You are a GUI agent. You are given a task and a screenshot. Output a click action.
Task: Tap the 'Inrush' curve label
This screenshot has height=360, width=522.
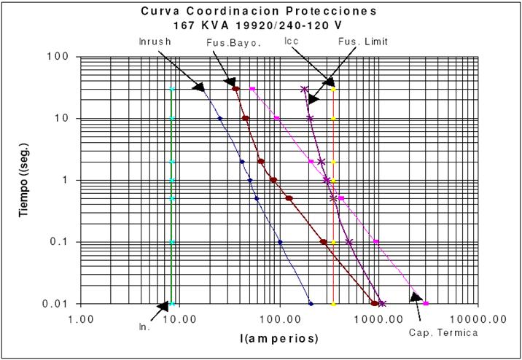click(x=155, y=42)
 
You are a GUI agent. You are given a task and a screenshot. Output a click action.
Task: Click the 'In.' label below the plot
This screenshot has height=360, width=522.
click(x=144, y=327)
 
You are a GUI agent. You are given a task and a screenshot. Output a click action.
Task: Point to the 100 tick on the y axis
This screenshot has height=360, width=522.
click(x=60, y=57)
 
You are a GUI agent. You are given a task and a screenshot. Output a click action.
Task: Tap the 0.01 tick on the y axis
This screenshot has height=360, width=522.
click(x=56, y=304)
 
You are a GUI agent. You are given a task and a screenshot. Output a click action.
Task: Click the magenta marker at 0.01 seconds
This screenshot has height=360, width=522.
click(x=426, y=304)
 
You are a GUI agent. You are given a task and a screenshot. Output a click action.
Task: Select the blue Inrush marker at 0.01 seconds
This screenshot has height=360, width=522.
click(x=311, y=304)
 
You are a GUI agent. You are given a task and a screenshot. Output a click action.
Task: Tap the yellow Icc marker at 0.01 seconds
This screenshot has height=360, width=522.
click(x=333, y=304)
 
